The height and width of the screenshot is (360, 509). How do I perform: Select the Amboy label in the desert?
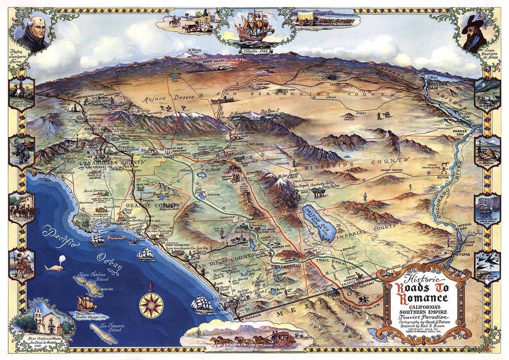click(x=360, y=113)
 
